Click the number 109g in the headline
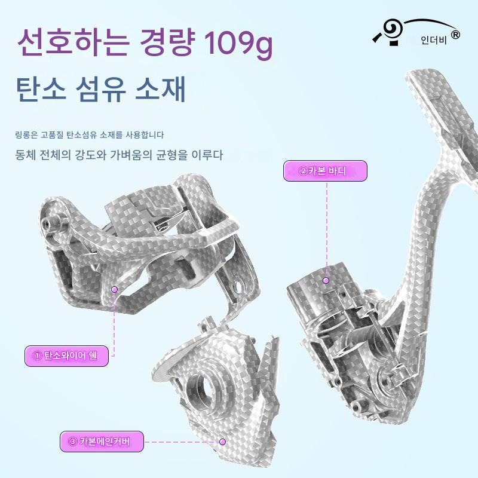tap(238, 43)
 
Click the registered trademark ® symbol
tap(455, 35)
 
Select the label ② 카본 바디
tap(324, 171)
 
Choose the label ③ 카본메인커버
tap(103, 442)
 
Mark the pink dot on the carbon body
tap(326, 280)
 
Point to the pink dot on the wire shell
tap(115, 289)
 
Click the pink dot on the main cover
tap(222, 442)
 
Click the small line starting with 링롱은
tap(89, 134)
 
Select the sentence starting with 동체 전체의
tap(119, 155)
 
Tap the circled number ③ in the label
tap(72, 442)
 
